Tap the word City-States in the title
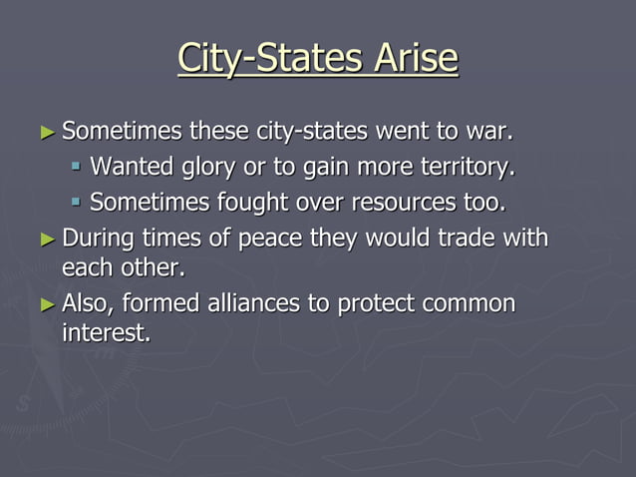click(263, 59)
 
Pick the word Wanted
click(131, 167)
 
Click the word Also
click(88, 303)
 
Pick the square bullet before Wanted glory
click(76, 168)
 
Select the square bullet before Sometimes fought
click(76, 204)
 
